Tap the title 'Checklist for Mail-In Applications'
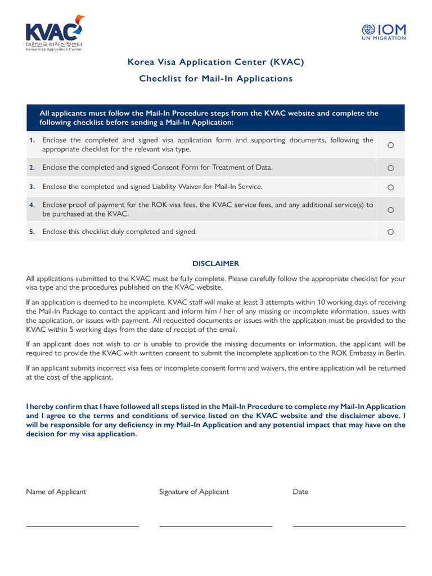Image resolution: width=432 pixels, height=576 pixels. (216, 79)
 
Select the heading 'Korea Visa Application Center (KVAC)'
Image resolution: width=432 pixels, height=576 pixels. (216, 62)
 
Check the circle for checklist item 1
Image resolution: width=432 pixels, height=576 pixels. (390, 146)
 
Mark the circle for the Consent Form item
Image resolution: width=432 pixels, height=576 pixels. (390, 168)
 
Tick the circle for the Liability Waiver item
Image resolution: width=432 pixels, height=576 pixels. (390, 187)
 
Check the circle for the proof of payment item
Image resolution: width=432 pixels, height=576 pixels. (390, 210)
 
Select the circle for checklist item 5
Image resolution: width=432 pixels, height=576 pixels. (390, 232)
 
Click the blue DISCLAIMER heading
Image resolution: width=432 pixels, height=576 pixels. (216, 264)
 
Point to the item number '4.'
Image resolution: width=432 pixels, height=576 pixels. (32, 205)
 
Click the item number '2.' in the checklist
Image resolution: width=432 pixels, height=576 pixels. (32, 168)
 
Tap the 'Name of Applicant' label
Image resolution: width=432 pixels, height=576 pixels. (56, 492)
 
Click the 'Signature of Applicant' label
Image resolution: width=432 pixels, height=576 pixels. (194, 492)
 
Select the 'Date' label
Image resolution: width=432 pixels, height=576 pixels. (300, 492)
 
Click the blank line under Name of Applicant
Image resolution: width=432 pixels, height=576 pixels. (83, 525)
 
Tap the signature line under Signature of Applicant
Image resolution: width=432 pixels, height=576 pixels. (216, 525)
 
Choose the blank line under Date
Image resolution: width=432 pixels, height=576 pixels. (349, 525)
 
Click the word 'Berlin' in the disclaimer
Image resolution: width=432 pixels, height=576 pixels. (394, 353)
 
